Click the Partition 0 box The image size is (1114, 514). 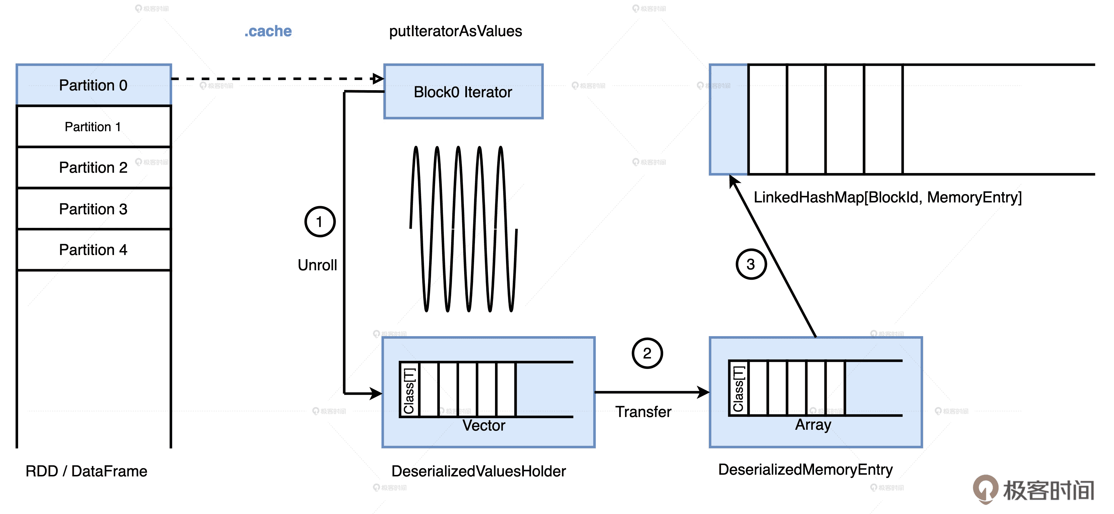[x=93, y=85]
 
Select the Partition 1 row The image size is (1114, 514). [x=93, y=127]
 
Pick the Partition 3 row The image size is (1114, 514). [x=93, y=209]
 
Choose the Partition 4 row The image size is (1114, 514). [x=93, y=250]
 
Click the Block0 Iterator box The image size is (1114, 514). [x=463, y=92]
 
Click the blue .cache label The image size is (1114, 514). [x=268, y=31]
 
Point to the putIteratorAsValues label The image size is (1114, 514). [x=455, y=31]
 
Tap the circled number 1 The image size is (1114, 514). [x=320, y=222]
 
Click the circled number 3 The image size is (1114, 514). [x=751, y=264]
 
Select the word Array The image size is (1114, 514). [x=813, y=425]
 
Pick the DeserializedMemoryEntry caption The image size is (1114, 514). [x=805, y=470]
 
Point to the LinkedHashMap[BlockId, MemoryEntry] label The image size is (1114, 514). [x=887, y=197]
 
